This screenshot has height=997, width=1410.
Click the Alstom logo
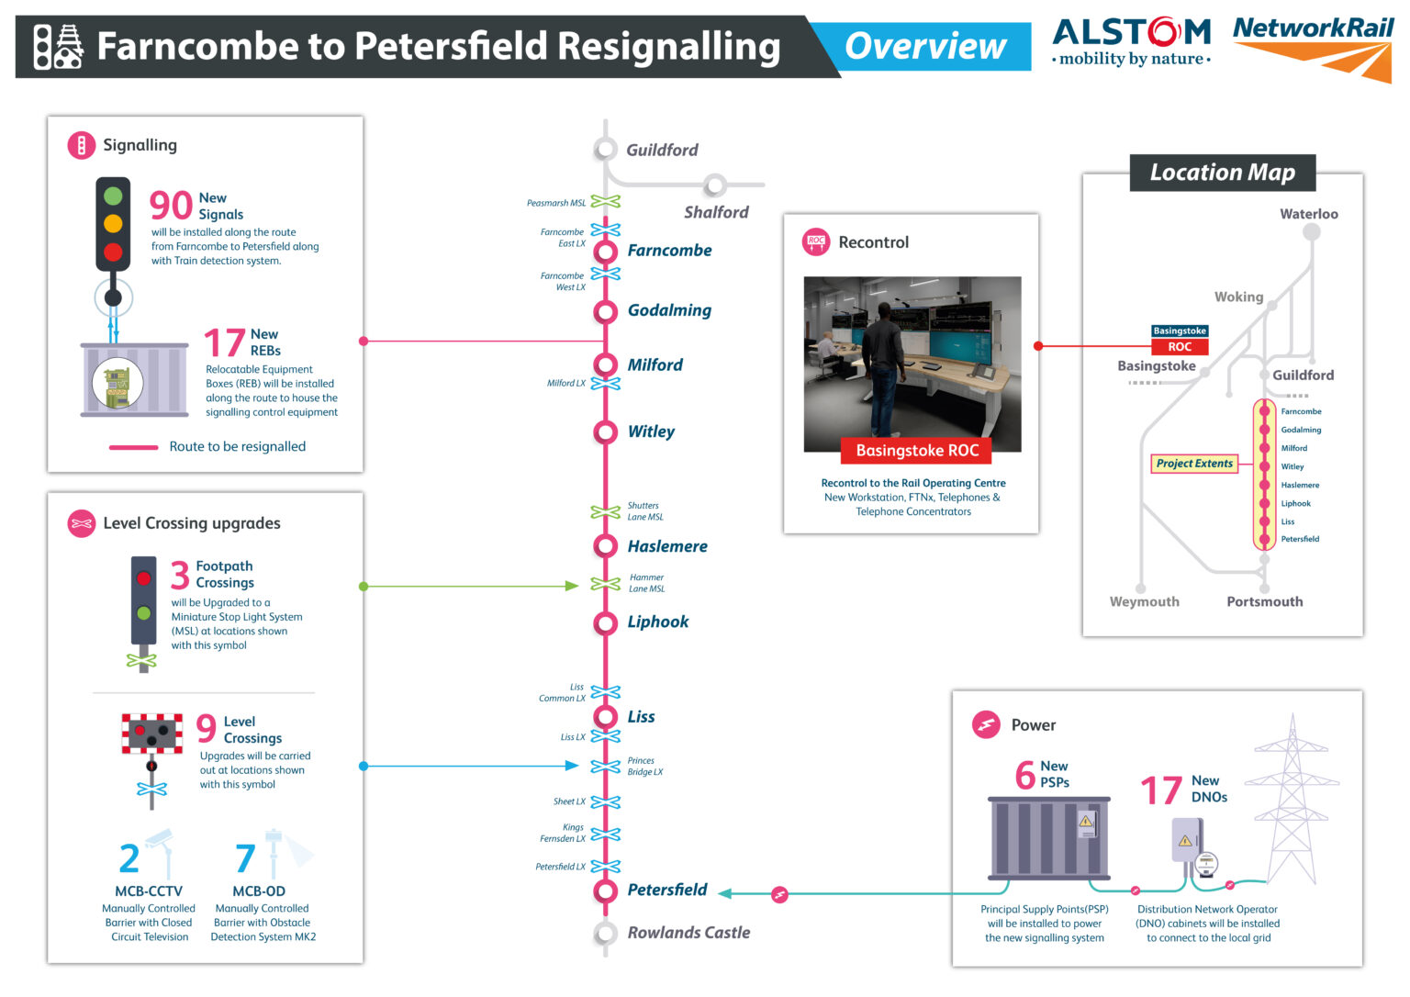point(1131,42)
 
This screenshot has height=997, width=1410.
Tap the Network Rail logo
point(1313,46)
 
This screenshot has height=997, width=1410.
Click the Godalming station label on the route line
point(669,310)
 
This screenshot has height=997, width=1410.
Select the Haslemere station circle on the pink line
point(605,546)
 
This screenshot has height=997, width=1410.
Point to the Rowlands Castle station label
point(688,933)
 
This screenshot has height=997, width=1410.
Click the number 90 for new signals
point(171,206)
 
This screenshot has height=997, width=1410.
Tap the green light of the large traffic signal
point(113,196)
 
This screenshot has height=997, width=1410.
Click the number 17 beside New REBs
point(224,343)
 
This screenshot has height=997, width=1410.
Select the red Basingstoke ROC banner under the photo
point(916,451)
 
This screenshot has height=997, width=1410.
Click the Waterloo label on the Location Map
point(1308,214)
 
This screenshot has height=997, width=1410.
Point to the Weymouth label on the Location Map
point(1144,602)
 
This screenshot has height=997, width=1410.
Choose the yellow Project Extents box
point(1194,464)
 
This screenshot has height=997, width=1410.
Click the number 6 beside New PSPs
point(1024,775)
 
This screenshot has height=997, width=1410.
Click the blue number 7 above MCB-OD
point(244,859)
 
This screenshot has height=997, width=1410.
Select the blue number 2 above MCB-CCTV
point(129,859)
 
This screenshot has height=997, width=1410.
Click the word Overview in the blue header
point(924,46)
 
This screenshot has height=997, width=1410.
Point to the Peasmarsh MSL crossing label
point(555,203)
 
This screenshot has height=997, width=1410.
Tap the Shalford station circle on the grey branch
point(715,186)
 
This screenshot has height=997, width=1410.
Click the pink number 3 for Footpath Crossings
point(180,576)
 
